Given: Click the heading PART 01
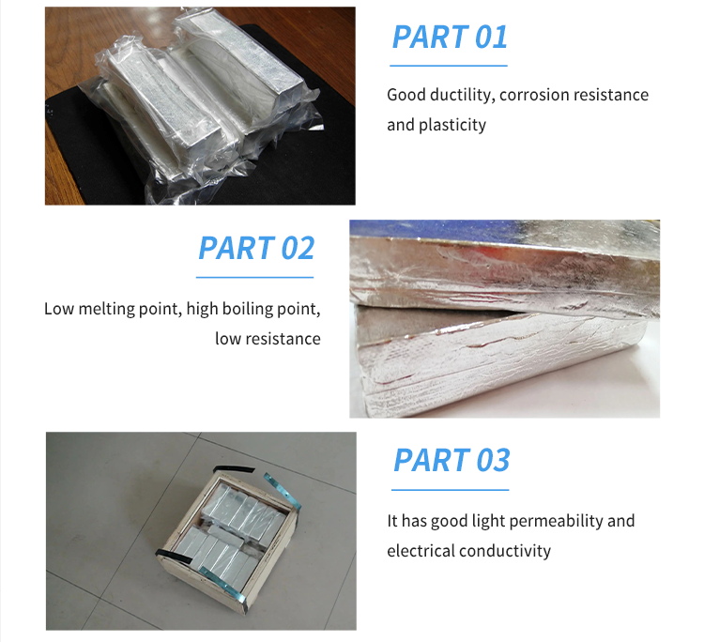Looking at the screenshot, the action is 450,37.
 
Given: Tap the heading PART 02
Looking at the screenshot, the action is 256,249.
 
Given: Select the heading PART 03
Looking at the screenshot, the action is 451,460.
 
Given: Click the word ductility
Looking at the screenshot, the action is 462,95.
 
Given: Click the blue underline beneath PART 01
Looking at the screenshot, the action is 449,66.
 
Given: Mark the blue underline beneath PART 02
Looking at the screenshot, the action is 254,278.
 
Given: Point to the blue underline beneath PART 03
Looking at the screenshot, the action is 451,490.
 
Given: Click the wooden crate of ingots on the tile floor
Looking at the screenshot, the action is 227,539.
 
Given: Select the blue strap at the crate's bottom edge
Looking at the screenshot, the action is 223,584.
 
